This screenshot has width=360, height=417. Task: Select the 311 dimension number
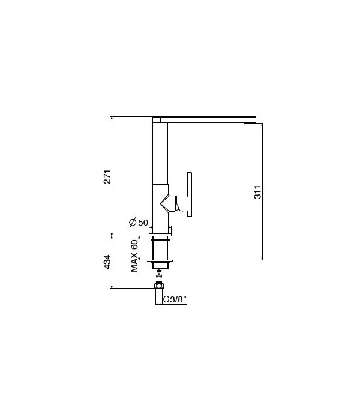257,192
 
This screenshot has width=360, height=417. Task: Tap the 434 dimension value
107,262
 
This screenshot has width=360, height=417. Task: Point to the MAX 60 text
134,255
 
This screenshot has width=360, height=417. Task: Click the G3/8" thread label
173,298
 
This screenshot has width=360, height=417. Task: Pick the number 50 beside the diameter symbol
143,223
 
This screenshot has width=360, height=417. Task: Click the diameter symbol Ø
133,223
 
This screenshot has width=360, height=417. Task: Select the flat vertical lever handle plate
190,194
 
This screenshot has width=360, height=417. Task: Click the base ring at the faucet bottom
161,230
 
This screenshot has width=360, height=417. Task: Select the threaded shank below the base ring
161,247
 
